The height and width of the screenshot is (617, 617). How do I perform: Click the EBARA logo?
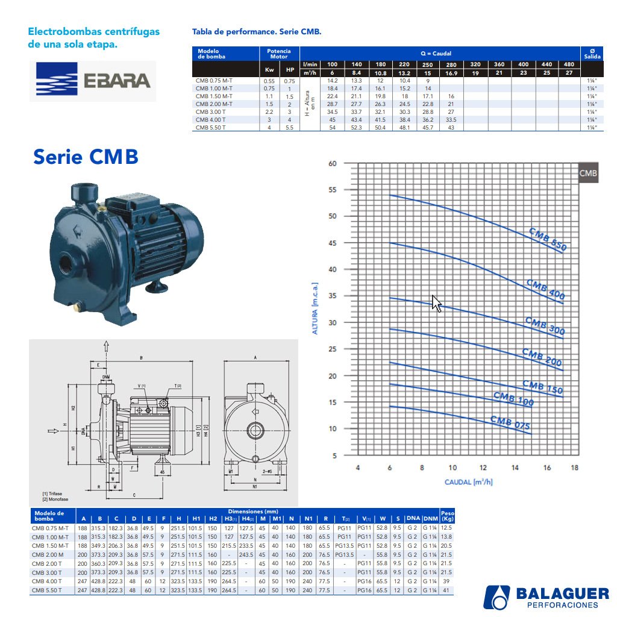pos(93,81)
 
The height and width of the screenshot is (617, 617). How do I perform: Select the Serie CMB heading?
pos(86,157)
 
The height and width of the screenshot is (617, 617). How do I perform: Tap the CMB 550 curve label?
pos(548,239)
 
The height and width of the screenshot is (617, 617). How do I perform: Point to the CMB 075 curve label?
pos(510,423)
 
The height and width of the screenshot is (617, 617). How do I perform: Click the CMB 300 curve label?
pos(545,326)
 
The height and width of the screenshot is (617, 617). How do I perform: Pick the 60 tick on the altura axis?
pos(332,163)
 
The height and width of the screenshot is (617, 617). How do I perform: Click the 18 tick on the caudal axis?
pos(574,468)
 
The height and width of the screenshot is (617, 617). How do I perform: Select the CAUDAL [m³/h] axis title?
pos(469,482)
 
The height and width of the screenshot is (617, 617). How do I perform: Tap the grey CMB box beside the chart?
pos(588,174)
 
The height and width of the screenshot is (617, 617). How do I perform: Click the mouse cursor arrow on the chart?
pos(437,303)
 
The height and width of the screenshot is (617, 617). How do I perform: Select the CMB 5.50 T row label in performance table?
pos(211,127)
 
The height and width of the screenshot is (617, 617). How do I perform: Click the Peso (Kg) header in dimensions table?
pos(447,516)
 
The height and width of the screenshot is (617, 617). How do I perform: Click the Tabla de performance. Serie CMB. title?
pos(256,31)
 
